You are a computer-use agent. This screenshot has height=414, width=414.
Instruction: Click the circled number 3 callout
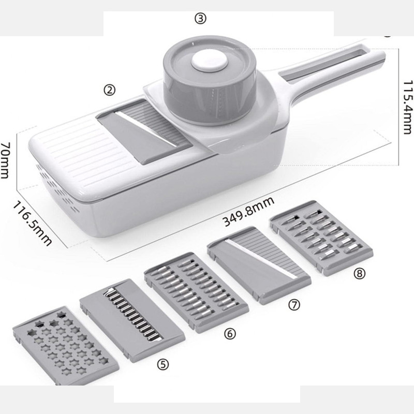click(200, 19)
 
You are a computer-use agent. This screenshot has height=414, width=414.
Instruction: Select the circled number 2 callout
click(109, 90)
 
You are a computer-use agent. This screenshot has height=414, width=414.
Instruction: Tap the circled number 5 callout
click(162, 364)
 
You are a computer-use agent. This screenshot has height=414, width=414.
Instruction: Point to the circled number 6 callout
click(230, 334)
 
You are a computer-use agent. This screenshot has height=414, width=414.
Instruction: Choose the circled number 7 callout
click(294, 305)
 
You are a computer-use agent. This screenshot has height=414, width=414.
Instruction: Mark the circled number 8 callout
click(359, 274)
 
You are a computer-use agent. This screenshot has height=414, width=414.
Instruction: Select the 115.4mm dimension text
click(407, 107)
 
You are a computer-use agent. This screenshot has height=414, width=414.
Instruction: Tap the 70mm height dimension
click(6, 160)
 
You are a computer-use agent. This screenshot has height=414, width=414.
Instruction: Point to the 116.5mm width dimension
click(32, 224)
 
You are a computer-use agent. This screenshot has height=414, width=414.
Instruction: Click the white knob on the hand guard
click(210, 61)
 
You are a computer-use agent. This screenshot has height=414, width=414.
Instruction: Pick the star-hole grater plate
click(66, 346)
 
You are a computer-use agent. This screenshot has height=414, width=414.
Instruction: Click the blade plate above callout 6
click(196, 292)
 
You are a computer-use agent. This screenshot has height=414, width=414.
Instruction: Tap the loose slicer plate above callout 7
click(259, 265)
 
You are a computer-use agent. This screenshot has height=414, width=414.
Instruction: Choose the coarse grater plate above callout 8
click(321, 238)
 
